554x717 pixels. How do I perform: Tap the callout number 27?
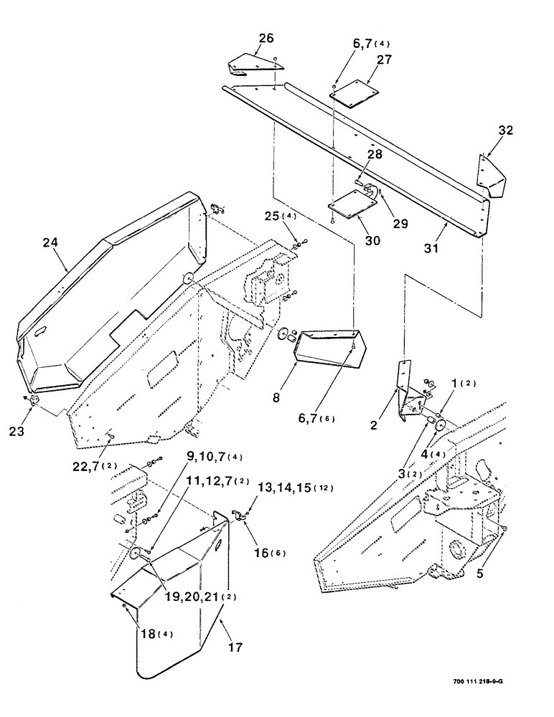click(384, 61)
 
